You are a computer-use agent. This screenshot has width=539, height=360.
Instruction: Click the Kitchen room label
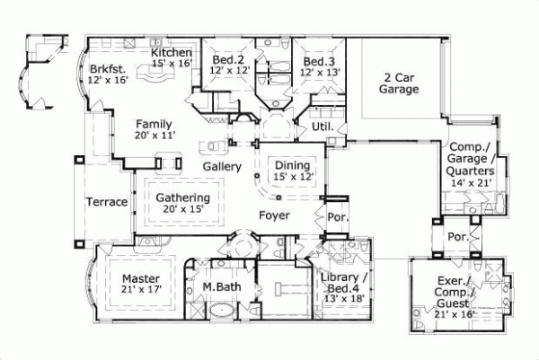tap(172, 53)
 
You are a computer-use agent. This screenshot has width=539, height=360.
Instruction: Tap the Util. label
tap(323, 127)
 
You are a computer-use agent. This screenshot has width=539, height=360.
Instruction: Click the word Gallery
tap(218, 167)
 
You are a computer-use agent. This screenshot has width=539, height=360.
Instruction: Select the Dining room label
tap(293, 165)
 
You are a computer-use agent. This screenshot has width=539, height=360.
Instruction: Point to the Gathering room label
tap(182, 198)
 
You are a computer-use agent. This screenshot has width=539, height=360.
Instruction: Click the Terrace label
tap(107, 202)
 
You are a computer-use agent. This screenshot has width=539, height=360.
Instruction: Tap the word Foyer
tap(274, 215)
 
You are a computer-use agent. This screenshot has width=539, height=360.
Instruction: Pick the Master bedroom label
tap(140, 277)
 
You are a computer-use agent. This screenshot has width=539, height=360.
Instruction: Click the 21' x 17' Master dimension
tap(140, 290)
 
